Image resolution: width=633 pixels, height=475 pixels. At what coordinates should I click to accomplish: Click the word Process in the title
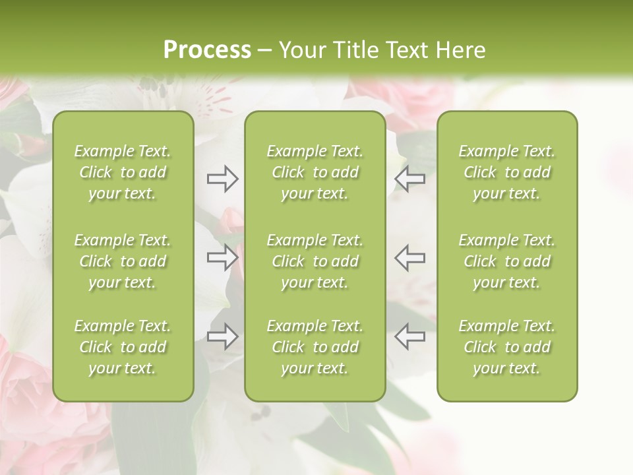click(x=207, y=50)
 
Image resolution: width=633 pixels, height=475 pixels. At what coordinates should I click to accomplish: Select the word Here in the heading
click(x=460, y=50)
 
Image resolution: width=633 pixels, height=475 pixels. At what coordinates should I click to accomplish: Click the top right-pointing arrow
click(x=222, y=179)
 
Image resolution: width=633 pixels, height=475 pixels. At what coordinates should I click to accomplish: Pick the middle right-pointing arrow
click(x=222, y=258)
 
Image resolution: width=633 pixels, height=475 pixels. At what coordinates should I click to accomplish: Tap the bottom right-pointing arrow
click(x=222, y=336)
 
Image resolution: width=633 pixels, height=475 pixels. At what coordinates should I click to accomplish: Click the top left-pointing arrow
click(x=409, y=179)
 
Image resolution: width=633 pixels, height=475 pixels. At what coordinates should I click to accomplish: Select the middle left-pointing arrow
click(x=409, y=258)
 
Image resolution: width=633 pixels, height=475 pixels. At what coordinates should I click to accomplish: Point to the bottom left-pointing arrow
click(x=409, y=336)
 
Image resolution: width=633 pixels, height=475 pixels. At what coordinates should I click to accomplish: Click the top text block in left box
click(x=123, y=172)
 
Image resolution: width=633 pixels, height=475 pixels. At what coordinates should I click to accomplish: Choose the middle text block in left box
click(x=123, y=261)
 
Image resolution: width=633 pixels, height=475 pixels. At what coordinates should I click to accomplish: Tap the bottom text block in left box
click(x=123, y=347)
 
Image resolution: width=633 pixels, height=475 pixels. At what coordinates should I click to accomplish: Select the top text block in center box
click(x=315, y=172)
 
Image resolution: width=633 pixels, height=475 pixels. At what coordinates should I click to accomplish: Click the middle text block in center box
click(x=315, y=261)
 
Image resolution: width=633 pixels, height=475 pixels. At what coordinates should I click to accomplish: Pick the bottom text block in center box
click(x=315, y=347)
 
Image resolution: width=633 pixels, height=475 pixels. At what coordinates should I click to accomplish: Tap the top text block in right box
click(x=506, y=172)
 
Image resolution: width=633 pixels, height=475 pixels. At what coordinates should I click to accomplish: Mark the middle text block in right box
click(x=506, y=261)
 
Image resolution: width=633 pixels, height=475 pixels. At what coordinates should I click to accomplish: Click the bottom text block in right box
click(x=506, y=347)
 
